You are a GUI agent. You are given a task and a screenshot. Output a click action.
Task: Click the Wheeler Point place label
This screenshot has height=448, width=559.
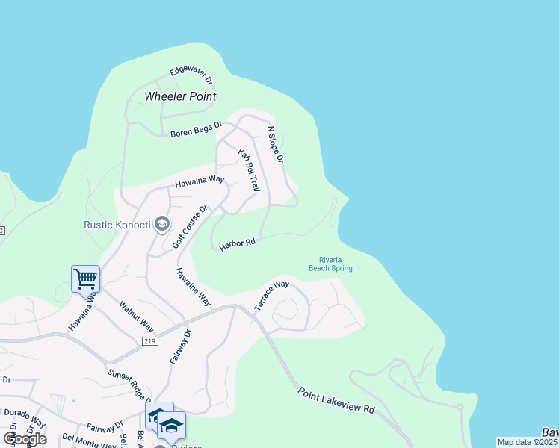click(180, 96)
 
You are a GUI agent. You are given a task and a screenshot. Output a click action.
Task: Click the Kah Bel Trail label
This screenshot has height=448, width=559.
click(248, 170)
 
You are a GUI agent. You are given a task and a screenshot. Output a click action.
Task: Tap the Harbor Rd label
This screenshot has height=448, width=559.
click(238, 244)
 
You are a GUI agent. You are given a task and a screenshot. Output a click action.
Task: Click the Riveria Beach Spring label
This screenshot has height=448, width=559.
click(330, 264)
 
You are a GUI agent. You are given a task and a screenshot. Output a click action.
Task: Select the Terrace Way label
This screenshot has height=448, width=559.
click(271, 296)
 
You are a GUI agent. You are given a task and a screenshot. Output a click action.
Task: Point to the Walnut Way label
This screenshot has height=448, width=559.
click(136, 317)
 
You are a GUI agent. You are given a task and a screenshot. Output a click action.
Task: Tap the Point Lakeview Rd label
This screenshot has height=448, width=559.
click(336, 401)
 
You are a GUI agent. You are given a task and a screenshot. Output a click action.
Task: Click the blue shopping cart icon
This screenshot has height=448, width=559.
click(85, 279)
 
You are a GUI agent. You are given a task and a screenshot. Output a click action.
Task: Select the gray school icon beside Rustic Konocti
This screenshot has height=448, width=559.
click(161, 223)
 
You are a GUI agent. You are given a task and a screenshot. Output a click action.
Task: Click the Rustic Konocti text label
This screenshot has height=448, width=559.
click(116, 224)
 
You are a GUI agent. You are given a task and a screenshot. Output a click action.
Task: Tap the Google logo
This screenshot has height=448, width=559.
click(25, 438)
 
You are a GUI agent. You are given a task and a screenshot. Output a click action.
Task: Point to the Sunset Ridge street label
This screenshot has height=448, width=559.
click(129, 385)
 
